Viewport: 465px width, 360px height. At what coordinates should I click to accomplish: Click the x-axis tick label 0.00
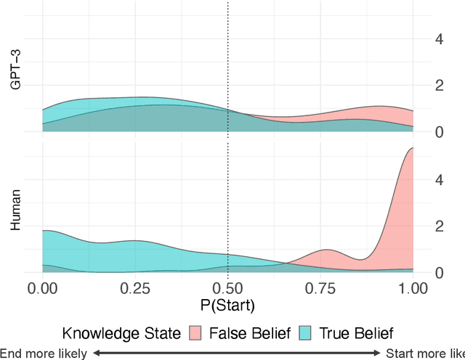click(x=43, y=289)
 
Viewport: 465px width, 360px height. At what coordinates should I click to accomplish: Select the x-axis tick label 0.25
click(x=135, y=289)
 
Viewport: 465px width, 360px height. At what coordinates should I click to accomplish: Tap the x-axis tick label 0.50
click(x=228, y=289)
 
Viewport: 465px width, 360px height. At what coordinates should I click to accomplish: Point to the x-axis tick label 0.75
click(x=320, y=289)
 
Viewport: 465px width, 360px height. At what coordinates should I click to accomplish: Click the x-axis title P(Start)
click(x=228, y=305)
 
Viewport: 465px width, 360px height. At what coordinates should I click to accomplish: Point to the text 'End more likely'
click(x=44, y=353)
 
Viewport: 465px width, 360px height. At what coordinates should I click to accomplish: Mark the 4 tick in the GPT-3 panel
click(x=438, y=39)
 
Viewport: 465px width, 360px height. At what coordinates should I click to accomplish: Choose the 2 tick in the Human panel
click(x=438, y=226)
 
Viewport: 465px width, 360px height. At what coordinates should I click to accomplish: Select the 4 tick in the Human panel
click(x=438, y=180)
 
